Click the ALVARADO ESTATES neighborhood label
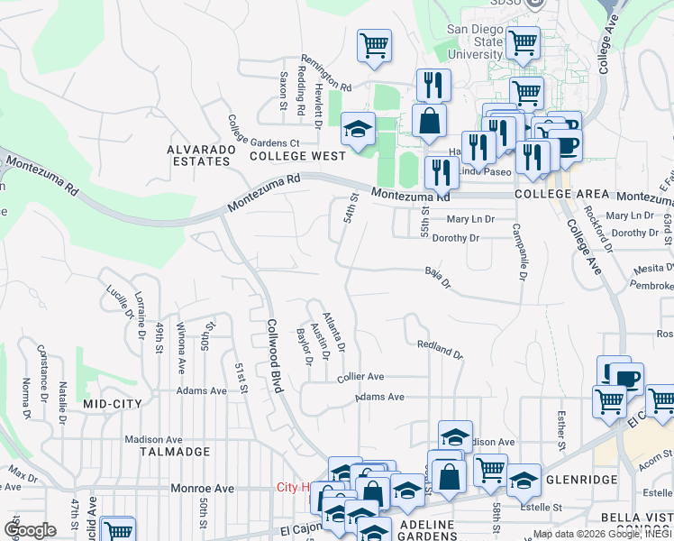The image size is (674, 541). pos(199,154)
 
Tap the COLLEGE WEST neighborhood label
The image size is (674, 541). pos(285,156)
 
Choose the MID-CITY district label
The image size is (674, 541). pos(112,404)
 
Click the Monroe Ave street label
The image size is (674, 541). pos(203,488)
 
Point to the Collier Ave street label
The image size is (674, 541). pos(360,377)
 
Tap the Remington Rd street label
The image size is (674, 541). pos(325,70)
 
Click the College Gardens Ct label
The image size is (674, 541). pos(262,132)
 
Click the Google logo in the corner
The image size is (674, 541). pos(30,530)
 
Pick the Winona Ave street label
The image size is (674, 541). pos(181,348)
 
